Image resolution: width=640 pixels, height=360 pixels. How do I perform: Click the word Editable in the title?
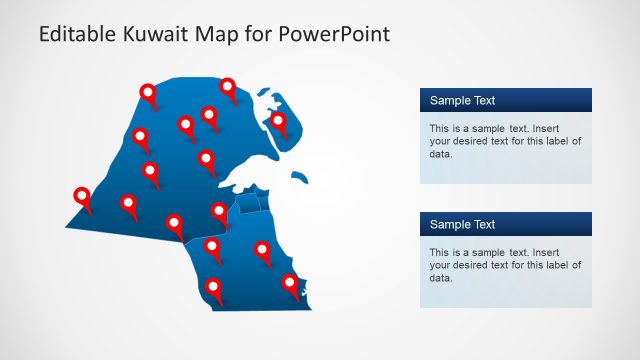tap(76, 34)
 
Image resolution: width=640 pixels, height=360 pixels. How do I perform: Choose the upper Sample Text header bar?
tap(505, 100)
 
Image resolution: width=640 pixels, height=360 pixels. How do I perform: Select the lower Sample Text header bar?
tap(505, 224)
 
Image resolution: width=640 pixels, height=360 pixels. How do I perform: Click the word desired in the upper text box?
tap(473, 141)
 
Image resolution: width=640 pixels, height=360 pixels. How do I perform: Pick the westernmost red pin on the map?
tap(82, 197)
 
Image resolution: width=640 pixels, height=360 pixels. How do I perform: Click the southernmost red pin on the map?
tap(213, 288)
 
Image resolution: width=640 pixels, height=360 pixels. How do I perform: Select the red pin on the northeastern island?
tap(279, 122)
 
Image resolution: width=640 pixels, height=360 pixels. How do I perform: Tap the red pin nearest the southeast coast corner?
tap(290, 283)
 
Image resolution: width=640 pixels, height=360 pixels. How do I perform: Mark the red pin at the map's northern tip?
tap(228, 88)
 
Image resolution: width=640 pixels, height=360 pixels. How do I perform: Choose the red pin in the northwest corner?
tap(149, 93)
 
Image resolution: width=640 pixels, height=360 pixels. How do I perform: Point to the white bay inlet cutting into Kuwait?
tap(245, 175)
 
